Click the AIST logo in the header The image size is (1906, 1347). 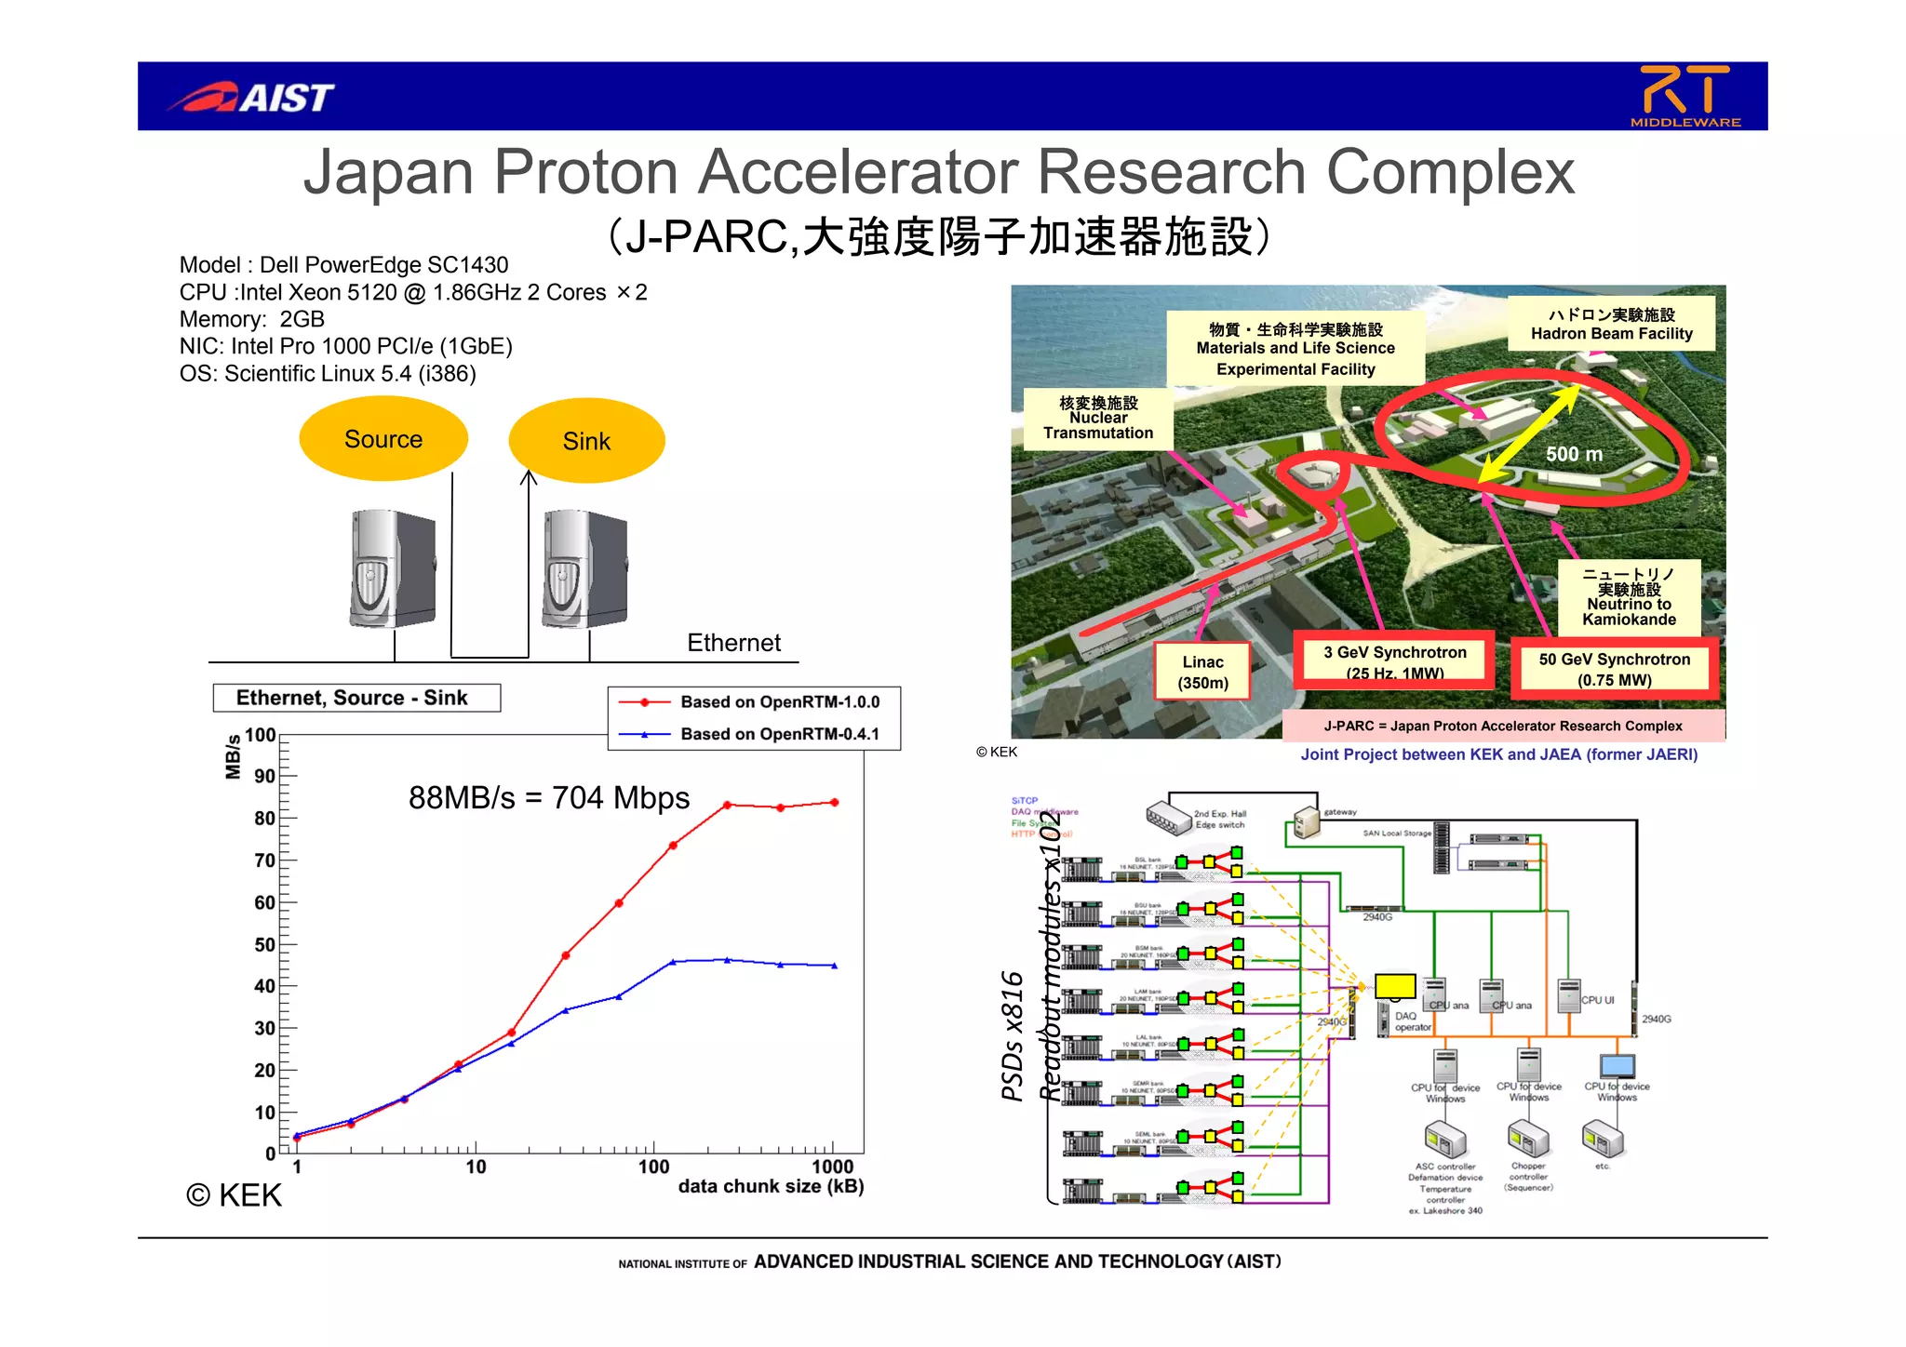click(x=251, y=97)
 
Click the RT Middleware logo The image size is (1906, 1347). click(x=1685, y=96)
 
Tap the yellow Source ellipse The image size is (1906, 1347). click(x=383, y=439)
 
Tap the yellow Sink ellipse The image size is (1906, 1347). click(x=586, y=441)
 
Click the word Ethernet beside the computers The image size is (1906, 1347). click(x=733, y=643)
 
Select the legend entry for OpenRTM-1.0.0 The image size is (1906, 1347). click(x=779, y=702)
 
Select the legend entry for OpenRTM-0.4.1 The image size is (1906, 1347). click(x=779, y=734)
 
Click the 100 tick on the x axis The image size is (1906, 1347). click(x=653, y=1167)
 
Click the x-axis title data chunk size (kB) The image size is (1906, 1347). click(x=771, y=1187)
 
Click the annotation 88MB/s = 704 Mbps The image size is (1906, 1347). click(x=549, y=798)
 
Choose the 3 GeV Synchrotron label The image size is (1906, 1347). click(x=1394, y=661)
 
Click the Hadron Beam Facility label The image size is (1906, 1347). click(x=1611, y=324)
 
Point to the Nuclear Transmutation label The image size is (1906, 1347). click(x=1097, y=419)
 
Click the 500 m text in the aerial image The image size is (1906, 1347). click(x=1574, y=454)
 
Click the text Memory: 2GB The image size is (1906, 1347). click(x=252, y=319)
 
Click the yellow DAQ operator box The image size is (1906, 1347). click(x=1394, y=986)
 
